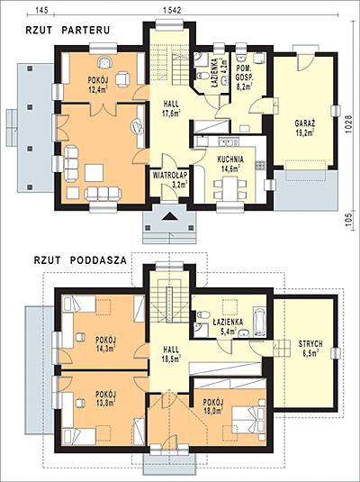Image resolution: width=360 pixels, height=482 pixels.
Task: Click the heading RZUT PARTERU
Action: [x=67, y=30]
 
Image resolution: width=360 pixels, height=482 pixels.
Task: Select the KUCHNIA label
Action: [x=230, y=159]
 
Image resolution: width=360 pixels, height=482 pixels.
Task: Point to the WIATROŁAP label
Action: [x=170, y=175]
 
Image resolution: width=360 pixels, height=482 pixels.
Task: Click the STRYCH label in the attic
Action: [x=310, y=343]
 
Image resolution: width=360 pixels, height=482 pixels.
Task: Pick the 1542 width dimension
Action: [x=171, y=10]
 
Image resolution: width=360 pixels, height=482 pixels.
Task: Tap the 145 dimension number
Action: [x=41, y=10]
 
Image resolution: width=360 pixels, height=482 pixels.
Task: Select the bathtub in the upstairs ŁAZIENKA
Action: [x=260, y=322]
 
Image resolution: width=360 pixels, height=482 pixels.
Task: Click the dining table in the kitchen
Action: [x=230, y=188]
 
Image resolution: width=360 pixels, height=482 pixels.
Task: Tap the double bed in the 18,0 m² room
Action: [x=248, y=420]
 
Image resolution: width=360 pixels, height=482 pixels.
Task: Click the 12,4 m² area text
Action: [x=97, y=90]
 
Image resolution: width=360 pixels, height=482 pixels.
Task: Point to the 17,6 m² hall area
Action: [x=171, y=113]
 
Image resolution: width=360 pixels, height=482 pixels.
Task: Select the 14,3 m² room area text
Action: [x=105, y=349]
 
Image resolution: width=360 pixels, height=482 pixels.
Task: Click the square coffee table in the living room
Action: [x=94, y=173]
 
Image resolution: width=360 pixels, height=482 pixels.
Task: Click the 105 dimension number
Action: [x=348, y=221]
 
